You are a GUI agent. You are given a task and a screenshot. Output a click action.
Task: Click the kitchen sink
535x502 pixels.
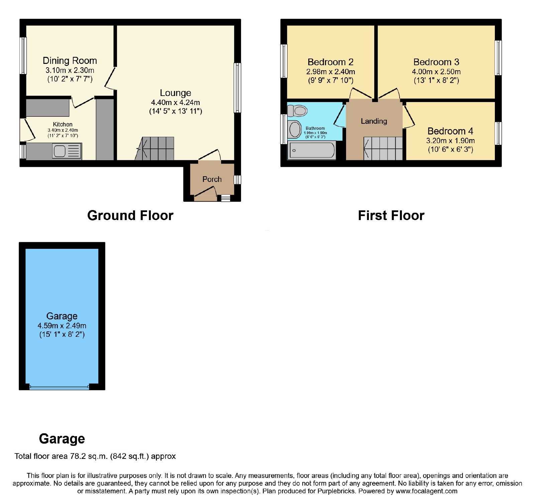[67, 151]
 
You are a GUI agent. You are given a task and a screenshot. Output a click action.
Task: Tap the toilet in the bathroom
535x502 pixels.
[297, 110]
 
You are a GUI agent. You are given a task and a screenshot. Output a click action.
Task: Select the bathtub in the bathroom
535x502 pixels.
[311, 150]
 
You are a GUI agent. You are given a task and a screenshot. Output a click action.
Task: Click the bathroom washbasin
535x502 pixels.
[295, 129]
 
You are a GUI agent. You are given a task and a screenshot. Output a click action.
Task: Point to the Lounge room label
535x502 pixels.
[176, 93]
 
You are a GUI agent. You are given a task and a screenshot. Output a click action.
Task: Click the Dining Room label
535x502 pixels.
[70, 61]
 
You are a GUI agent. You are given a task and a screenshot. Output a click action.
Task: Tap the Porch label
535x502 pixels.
[212, 179]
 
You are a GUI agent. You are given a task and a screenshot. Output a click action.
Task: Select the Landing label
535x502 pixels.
[374, 121]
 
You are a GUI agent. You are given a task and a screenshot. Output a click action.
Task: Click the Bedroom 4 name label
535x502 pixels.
[450, 131]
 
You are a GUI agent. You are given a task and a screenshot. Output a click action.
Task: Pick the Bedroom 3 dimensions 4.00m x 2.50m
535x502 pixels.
[436, 72]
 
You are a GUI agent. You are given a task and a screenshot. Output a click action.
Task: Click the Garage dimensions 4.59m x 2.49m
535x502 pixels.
[62, 325]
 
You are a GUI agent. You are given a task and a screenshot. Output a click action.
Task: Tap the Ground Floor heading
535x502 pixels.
[130, 215]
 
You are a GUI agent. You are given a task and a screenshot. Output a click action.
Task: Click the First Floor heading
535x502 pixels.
[391, 215]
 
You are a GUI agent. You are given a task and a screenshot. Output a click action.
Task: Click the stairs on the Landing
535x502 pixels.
[383, 148]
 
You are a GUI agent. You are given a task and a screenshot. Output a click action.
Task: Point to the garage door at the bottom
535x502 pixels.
[60, 387]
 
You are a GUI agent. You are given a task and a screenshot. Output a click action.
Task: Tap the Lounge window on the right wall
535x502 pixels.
[237, 88]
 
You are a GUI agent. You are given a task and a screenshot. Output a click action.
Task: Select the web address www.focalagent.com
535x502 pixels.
[426, 491]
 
